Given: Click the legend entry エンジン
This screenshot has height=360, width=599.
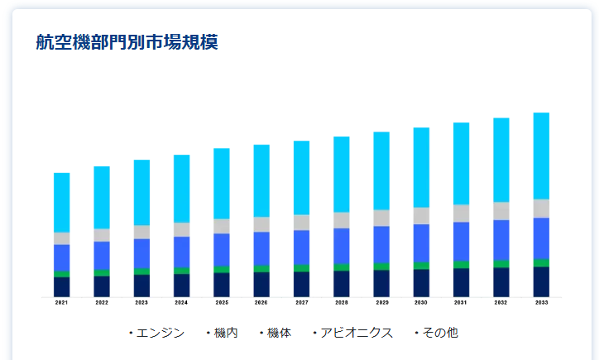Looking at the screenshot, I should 160,333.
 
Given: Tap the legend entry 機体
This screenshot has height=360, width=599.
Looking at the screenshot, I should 279,333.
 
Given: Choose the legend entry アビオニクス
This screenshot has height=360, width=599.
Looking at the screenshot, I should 357,333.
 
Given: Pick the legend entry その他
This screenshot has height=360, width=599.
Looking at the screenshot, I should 439,333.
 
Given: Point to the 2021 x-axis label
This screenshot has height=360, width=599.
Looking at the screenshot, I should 62,303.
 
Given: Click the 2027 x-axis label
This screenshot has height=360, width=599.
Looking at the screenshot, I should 302,303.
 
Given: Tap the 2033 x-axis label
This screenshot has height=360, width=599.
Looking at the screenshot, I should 542,303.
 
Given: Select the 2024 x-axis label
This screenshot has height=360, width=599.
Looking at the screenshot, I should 182,303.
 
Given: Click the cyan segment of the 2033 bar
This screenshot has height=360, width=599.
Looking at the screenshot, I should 542,156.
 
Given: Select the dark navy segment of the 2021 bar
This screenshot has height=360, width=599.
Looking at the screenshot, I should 62,286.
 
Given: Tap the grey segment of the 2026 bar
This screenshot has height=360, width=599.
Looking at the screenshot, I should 261,224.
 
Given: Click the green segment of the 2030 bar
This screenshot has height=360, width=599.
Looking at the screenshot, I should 422,266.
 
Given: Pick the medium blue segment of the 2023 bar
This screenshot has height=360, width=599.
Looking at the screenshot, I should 142,253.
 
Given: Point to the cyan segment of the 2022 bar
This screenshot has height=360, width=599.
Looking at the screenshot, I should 102,197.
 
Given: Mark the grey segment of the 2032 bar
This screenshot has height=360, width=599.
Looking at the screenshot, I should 501,211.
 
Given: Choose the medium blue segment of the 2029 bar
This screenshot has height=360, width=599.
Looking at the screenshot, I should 381,244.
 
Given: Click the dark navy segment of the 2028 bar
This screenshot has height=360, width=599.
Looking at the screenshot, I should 342,283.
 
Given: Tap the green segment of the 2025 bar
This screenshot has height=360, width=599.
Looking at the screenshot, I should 222,269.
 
